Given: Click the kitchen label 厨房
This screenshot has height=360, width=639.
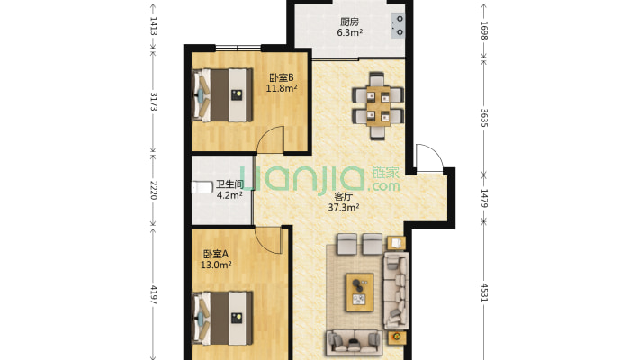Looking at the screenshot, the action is (x=350, y=22).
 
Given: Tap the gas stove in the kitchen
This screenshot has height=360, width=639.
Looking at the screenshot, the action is (x=398, y=25).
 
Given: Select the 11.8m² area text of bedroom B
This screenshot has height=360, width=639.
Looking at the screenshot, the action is (x=281, y=88).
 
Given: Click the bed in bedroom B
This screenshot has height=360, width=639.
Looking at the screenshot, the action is (x=222, y=95).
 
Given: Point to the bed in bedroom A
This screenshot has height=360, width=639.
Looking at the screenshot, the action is (x=222, y=318).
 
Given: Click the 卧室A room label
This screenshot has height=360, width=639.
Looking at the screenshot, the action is (x=216, y=255).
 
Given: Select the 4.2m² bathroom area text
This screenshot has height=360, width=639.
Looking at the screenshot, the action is (x=229, y=195).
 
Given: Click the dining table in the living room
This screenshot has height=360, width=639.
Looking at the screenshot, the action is (x=378, y=106).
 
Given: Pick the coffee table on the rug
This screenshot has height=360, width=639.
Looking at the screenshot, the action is (x=360, y=292).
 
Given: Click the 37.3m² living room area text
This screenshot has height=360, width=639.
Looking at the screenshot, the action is (x=344, y=208).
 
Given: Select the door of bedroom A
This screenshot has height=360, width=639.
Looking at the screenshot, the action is (x=269, y=239).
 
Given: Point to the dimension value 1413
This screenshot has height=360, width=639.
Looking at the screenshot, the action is (x=154, y=26).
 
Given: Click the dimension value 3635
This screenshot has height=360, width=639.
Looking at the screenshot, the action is (x=484, y=118).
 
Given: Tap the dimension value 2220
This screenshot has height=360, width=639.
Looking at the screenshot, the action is (x=154, y=191).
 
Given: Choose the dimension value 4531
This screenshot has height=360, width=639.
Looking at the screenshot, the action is (x=484, y=292).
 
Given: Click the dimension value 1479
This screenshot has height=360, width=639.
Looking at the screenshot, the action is (x=484, y=198).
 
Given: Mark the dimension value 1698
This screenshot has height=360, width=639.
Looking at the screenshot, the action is (x=484, y=31).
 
